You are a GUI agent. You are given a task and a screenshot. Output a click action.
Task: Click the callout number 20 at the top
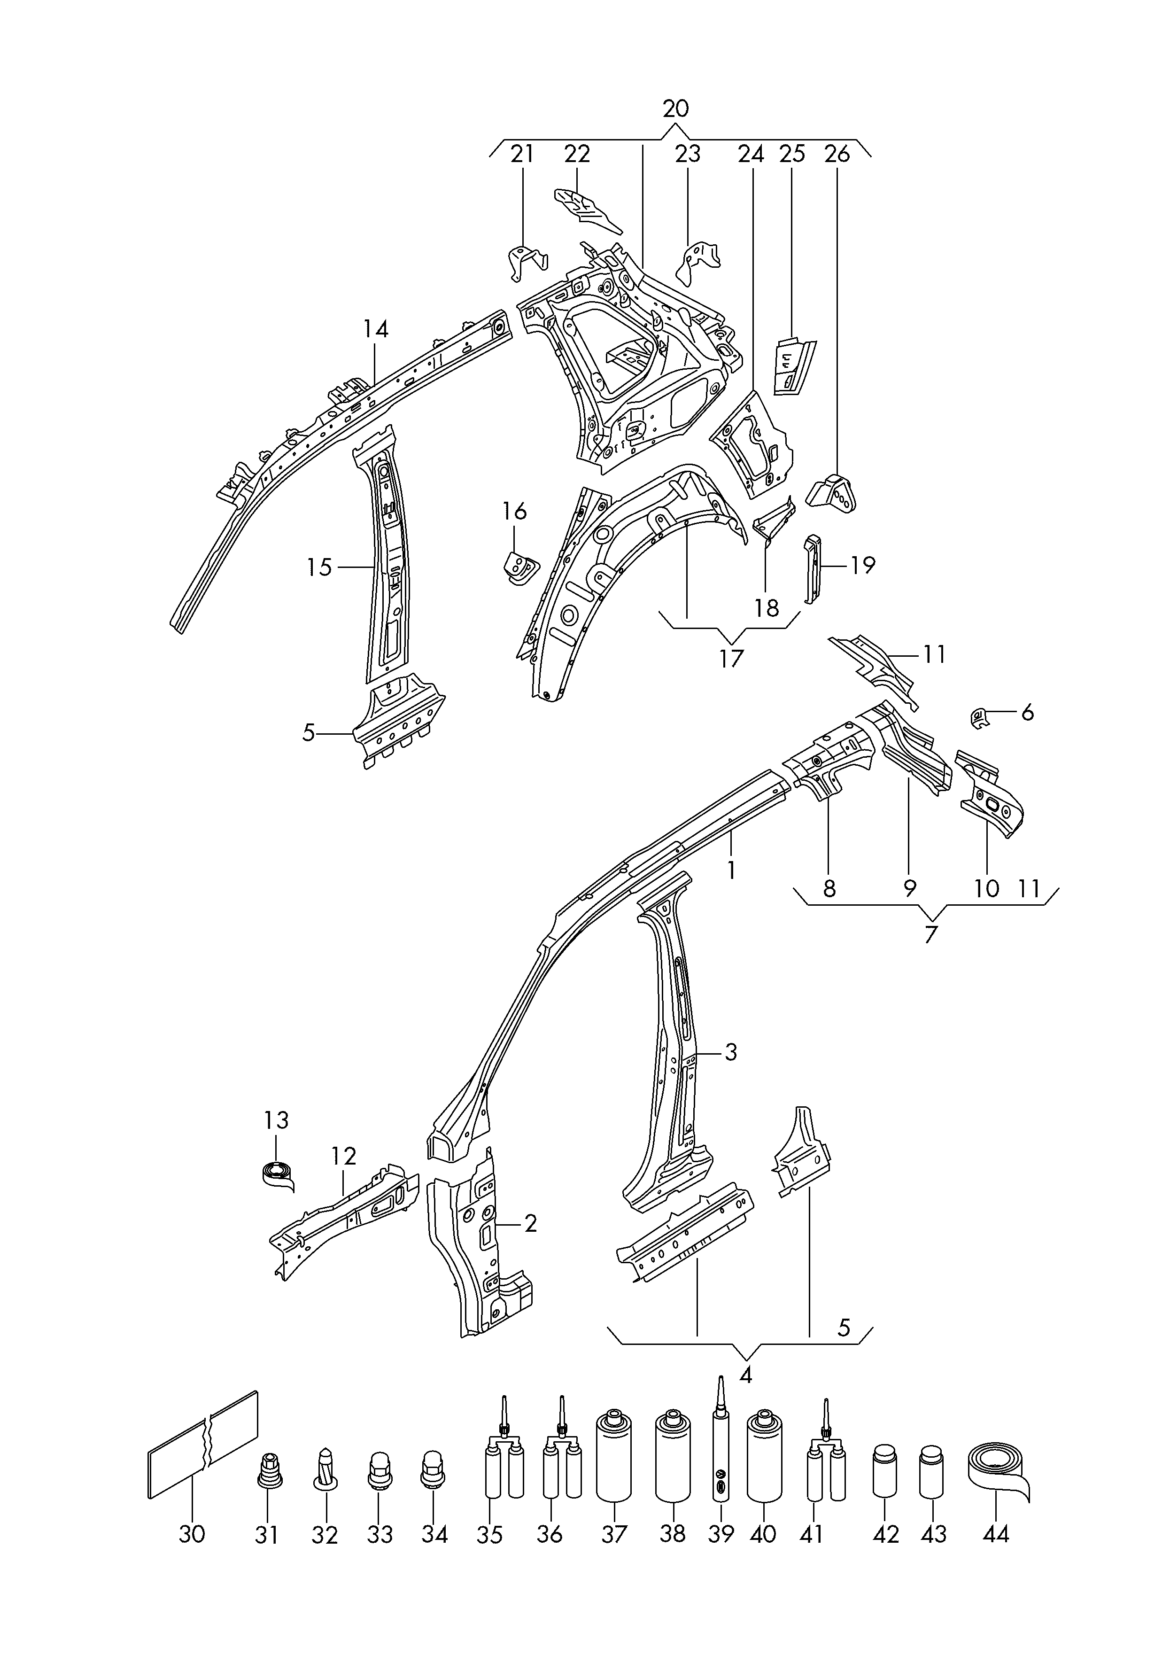[675, 109]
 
